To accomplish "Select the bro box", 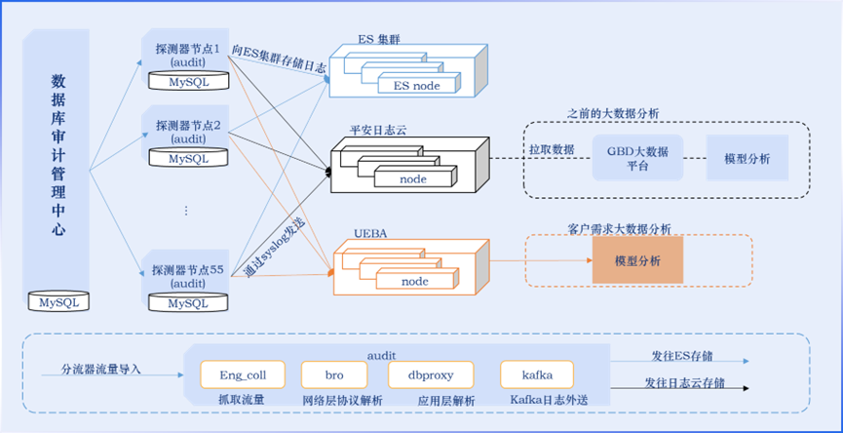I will [335, 374].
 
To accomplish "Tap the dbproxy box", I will [430, 374].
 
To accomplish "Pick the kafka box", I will [535, 374].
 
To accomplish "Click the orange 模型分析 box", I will [637, 261].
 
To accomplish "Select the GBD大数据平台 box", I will [638, 158].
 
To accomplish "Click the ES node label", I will [416, 86].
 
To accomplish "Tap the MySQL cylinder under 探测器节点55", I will [188, 303].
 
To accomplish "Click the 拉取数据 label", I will [552, 148].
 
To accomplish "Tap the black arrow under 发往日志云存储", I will [682, 391].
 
